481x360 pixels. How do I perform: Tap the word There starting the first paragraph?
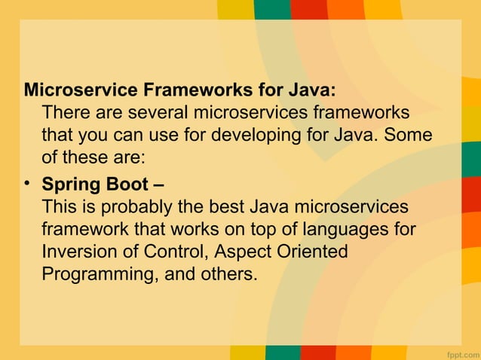point(63,114)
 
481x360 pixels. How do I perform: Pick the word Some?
point(416,136)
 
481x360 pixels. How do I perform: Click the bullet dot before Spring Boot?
point(29,183)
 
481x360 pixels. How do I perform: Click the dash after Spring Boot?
point(158,184)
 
